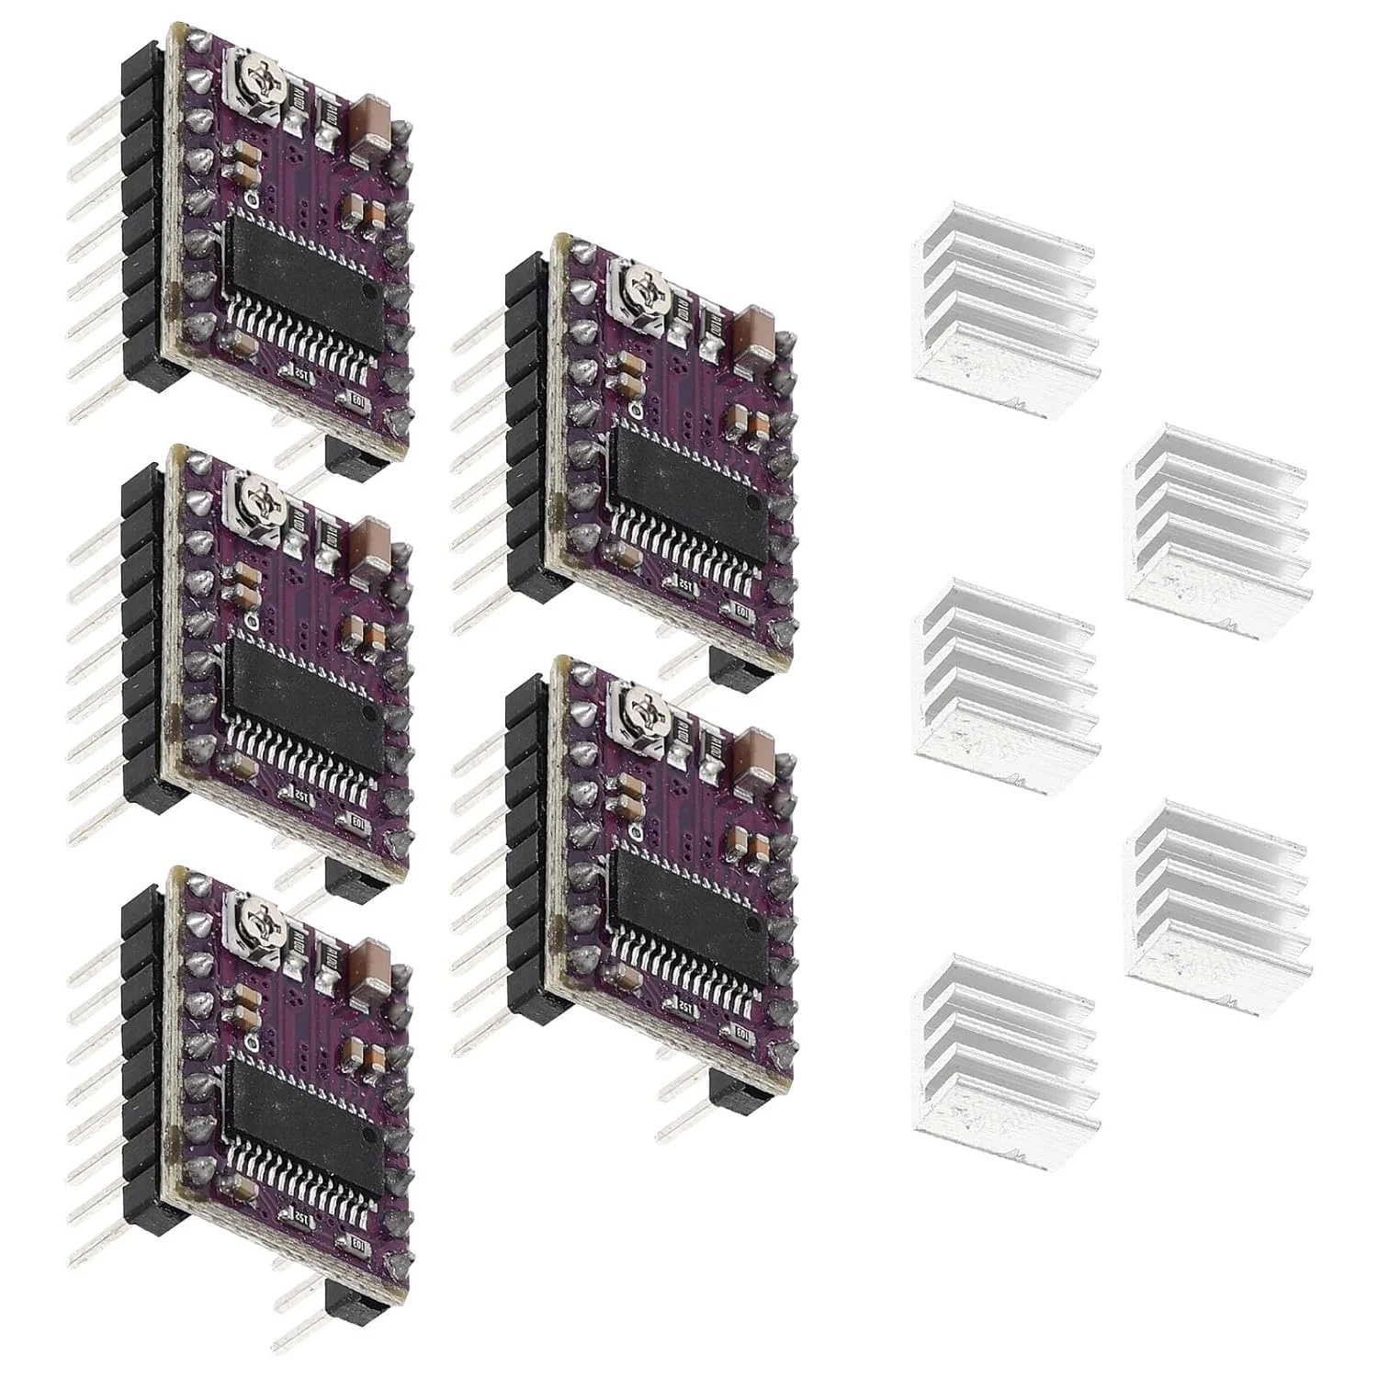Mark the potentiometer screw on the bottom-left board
(245, 929)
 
